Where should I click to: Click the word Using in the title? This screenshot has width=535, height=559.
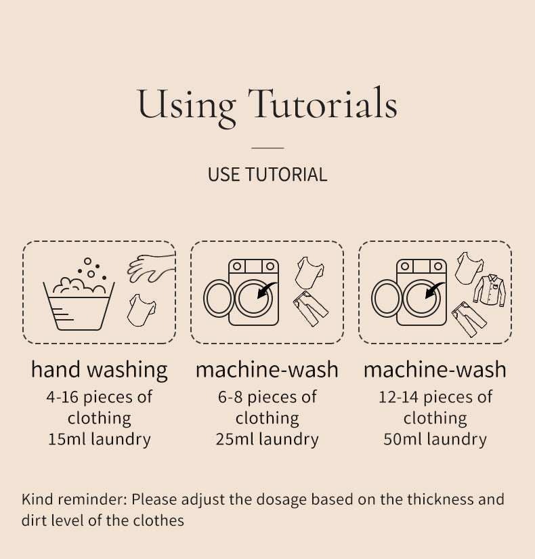tap(186, 106)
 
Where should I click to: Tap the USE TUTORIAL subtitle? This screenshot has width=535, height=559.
tap(267, 175)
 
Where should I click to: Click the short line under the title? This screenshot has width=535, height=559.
tap(267, 148)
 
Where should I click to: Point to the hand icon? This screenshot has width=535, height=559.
tap(152, 268)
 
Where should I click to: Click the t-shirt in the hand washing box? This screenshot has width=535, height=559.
tap(142, 310)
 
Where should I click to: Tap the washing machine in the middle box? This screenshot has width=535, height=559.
tap(242, 292)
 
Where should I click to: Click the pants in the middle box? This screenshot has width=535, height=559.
tap(310, 308)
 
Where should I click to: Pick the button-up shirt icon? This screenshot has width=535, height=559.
tap(490, 290)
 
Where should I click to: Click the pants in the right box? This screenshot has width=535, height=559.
tap(469, 319)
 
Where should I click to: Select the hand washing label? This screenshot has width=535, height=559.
tap(99, 370)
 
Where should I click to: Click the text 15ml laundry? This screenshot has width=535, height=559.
tap(100, 439)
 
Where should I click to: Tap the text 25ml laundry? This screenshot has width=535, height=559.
tap(267, 439)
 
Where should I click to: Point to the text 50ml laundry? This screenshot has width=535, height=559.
tap(435, 439)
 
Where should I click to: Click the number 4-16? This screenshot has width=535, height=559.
tap(62, 397)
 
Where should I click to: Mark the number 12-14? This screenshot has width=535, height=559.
tap(398, 397)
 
